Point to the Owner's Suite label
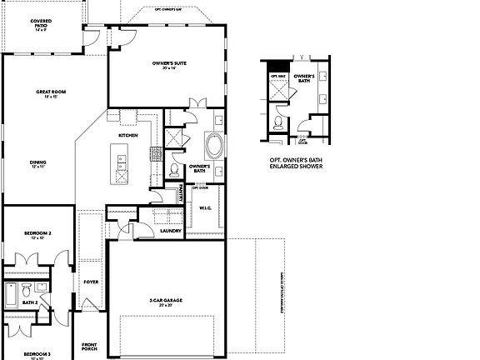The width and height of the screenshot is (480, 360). pos(168,65)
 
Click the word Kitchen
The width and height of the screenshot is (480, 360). pos(127,134)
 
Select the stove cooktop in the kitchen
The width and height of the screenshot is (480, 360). pos(155,152)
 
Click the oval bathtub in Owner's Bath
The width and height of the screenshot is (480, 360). pos(214,146)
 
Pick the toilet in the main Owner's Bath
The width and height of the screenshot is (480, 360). pos(173,170)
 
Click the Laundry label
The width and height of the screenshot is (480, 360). pos(159,230)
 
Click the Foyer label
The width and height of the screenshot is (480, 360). pos(91,282)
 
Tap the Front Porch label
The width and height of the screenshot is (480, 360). pos(90,346)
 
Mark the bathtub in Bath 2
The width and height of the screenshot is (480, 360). pos(11,295)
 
